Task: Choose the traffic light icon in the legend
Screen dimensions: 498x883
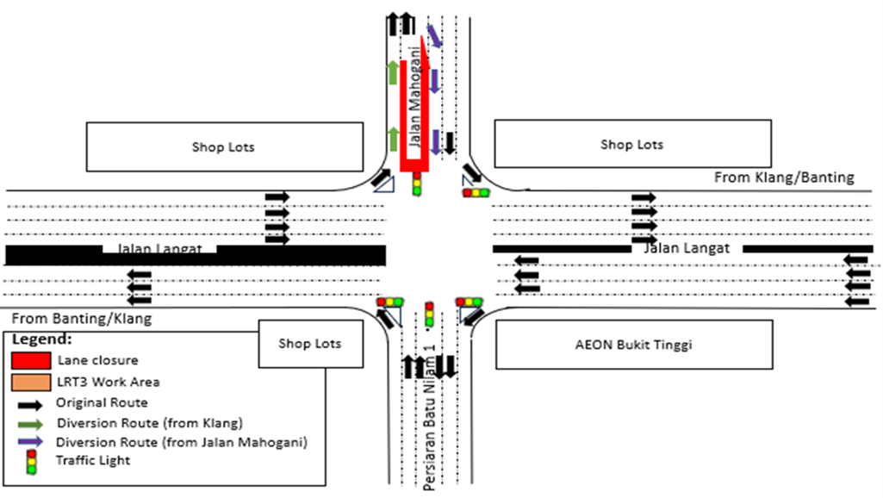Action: point(31,462)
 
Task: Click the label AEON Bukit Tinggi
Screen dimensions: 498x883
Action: point(633,345)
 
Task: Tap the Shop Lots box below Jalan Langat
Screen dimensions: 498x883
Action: point(309,343)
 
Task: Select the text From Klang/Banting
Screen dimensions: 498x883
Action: point(784,177)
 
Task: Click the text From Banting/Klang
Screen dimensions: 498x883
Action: point(82,319)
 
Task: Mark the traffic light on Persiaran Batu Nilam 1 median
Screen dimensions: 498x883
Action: point(429,314)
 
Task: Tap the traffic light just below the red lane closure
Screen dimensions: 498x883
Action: point(417,184)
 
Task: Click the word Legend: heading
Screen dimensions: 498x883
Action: point(42,339)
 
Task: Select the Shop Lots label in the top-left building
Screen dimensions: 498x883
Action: point(223,146)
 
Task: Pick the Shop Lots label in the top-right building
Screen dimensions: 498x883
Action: point(631,144)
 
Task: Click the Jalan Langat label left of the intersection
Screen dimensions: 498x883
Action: point(159,249)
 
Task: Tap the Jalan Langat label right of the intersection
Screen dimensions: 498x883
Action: point(687,248)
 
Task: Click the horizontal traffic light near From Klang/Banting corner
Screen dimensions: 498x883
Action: point(476,193)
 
